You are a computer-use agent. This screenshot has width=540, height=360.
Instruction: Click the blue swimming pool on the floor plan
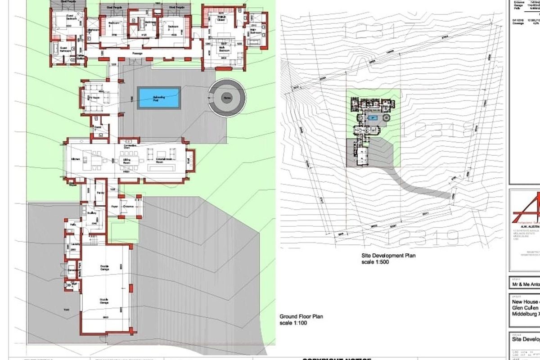point(159,97)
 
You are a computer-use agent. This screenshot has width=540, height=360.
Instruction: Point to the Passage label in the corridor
point(137,54)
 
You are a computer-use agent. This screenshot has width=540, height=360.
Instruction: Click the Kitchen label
point(75,159)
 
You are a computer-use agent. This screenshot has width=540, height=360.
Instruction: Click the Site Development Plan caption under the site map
point(388,255)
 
